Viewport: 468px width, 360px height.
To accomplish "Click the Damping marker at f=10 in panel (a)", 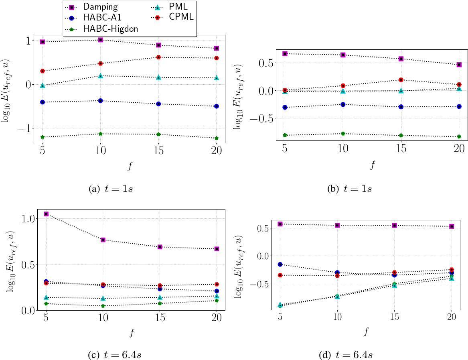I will click(101, 40).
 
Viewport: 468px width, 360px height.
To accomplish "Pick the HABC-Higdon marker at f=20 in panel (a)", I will click(217, 138).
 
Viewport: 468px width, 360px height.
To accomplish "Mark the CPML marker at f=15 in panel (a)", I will click(158, 57).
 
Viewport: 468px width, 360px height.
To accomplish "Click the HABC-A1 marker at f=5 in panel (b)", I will click(285, 107).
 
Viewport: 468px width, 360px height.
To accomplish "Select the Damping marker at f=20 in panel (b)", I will click(459, 65).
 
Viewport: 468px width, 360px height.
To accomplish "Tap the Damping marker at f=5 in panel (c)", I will click(46, 214).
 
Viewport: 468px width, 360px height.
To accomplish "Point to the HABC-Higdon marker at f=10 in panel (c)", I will click(103, 306).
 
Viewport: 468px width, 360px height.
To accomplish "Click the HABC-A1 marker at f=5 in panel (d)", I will click(280, 264).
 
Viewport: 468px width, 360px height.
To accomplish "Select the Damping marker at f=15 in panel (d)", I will click(395, 226).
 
